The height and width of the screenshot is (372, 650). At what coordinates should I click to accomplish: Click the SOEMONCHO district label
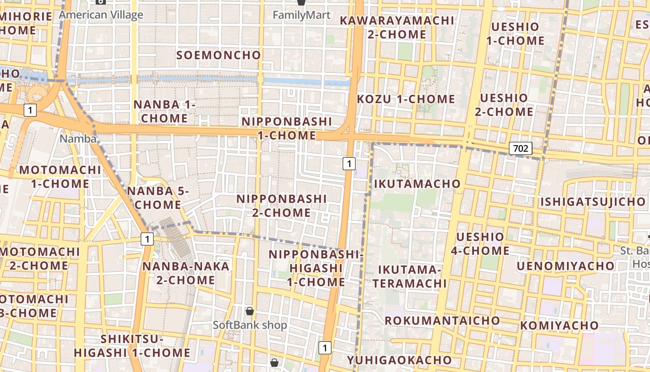(219, 55)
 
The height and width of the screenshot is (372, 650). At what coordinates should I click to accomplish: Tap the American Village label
(101, 15)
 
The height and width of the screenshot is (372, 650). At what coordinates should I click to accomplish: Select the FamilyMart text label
(301, 15)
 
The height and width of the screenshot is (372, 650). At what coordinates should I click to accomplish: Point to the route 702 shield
(520, 148)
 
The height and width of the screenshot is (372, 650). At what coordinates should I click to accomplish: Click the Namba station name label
(78, 139)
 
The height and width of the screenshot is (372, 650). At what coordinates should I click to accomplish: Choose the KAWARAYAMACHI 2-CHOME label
(397, 27)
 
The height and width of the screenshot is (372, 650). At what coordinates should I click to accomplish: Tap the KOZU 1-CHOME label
(406, 99)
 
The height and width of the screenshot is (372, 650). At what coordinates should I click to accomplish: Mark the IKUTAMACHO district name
(417, 184)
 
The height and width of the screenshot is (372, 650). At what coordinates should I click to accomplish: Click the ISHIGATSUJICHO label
(593, 202)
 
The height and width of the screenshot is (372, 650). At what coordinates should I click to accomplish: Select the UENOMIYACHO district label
(565, 266)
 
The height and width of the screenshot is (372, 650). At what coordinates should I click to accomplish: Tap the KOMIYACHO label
(559, 325)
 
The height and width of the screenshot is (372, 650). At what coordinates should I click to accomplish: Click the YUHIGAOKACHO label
(399, 360)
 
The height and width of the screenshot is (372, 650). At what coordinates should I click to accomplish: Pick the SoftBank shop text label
(250, 325)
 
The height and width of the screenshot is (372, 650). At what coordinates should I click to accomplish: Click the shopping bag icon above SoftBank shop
(250, 311)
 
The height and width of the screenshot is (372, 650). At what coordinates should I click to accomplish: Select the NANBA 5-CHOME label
(158, 198)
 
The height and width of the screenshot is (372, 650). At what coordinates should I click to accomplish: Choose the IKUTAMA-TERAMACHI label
(409, 277)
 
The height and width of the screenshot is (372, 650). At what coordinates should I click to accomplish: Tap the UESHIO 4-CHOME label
(480, 244)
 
